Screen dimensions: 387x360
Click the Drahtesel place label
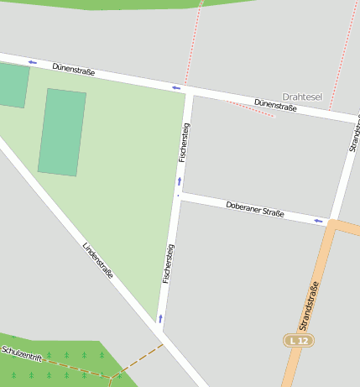pos(302,97)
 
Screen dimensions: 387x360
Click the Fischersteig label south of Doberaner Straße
pos(169,263)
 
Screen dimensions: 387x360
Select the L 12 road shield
pos(297,340)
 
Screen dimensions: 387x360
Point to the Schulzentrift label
pos(22,353)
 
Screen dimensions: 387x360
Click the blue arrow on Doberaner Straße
pos(319,222)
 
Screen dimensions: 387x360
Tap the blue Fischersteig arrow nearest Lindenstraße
pos(160,318)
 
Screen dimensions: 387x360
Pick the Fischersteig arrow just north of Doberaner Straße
pos(179,180)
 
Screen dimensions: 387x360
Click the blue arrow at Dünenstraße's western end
pos(32,62)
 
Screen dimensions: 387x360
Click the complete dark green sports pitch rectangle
pos(62,133)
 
